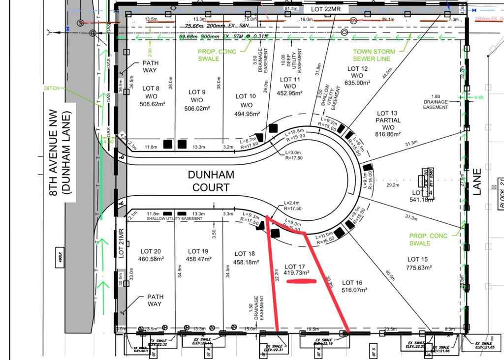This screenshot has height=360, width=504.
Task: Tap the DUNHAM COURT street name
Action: tap(211, 180)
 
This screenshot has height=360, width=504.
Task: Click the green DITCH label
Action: tap(52, 88)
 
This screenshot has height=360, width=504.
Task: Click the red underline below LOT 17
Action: tap(301, 282)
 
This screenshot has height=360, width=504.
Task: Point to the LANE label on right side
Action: tap(476, 182)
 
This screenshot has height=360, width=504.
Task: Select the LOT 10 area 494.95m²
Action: tap(246, 114)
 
